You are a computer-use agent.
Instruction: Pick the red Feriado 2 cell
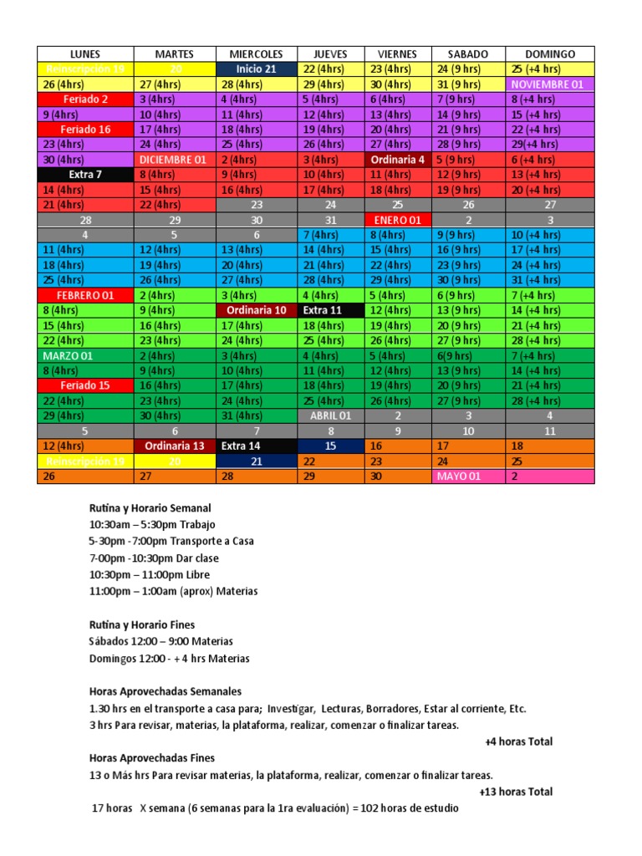tap(84, 99)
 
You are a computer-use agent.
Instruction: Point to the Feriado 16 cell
tap(84, 130)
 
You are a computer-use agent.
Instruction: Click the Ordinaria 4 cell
tap(398, 160)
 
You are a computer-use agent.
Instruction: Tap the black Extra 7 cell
tap(84, 175)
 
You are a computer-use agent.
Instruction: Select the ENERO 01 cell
tap(398, 220)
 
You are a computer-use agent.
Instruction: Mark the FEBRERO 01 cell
tap(84, 295)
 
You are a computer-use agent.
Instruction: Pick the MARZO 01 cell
tap(84, 355)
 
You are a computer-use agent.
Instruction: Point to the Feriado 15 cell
tap(84, 385)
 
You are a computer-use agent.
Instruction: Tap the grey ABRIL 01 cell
tap(331, 415)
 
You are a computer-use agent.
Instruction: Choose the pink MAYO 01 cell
tap(468, 476)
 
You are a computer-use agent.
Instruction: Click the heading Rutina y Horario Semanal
tap(150, 507)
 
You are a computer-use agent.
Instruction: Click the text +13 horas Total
tap(516, 792)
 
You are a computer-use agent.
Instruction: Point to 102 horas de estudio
tap(414, 808)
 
